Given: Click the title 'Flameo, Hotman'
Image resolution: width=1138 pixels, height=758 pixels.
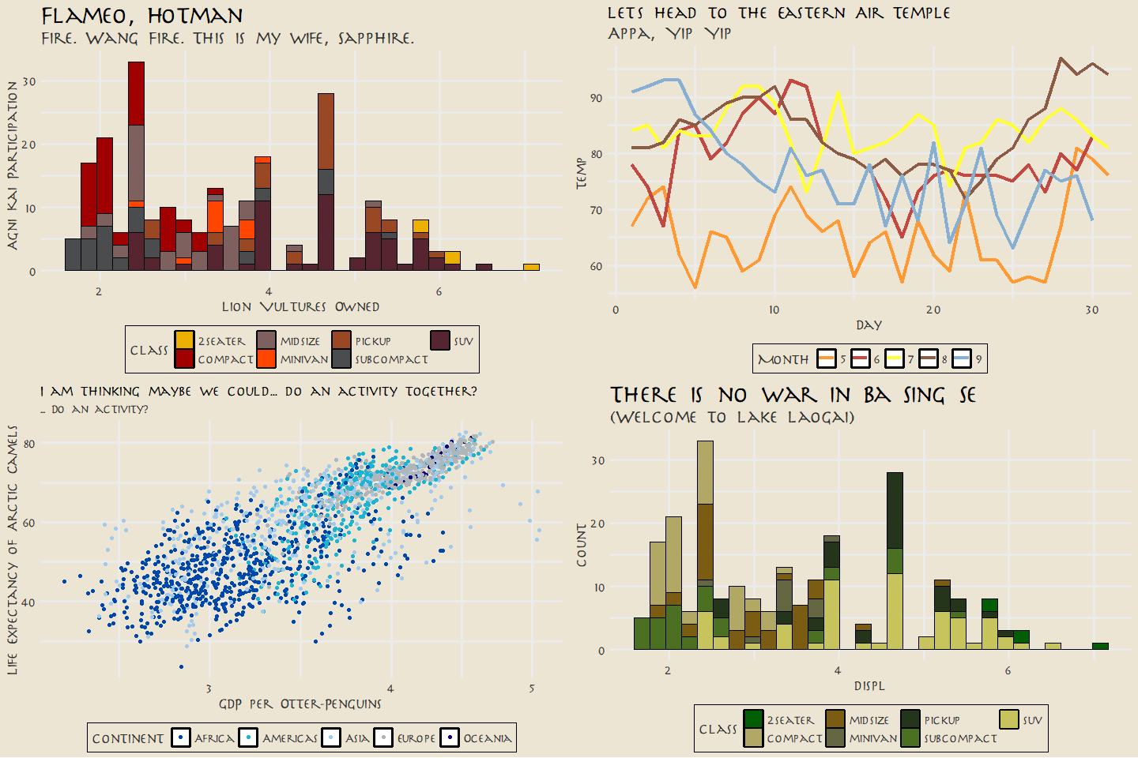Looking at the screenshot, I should tap(142, 16).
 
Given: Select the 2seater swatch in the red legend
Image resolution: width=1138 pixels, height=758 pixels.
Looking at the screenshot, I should tap(184, 340).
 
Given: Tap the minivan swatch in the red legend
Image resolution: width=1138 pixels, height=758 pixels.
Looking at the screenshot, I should tap(266, 358).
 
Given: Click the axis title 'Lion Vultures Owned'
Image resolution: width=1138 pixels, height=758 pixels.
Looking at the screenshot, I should tap(300, 306).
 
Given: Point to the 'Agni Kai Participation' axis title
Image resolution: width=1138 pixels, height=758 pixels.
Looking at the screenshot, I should tap(13, 165).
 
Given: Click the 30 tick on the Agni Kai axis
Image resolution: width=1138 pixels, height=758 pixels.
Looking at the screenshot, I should tap(29, 81).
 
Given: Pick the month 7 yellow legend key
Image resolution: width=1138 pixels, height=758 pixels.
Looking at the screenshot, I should tap(894, 358).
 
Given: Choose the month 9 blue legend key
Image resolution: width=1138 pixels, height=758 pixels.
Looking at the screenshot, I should tap(962, 358).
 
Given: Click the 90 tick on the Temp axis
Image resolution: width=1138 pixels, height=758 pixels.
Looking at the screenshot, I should tap(596, 98).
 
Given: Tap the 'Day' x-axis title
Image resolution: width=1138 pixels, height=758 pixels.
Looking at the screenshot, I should tap(869, 325).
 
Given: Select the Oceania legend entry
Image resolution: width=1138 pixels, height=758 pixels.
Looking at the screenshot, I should tap(450, 737).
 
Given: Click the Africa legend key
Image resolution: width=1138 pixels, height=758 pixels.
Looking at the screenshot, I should tap(181, 737).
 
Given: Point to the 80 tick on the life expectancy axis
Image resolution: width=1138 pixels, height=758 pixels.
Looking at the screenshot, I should tap(29, 444).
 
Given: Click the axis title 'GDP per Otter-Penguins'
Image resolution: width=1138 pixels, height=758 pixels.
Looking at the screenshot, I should tap(300, 704).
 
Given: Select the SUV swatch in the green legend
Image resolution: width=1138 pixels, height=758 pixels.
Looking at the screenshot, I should tap(1008, 719).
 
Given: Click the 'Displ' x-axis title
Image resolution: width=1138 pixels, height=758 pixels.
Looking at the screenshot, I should tap(869, 685).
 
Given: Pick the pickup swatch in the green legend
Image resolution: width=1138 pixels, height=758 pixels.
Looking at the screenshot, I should tap(910, 719).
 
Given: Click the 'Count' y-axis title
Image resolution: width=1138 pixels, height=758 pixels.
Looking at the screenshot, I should tap(582, 544).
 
